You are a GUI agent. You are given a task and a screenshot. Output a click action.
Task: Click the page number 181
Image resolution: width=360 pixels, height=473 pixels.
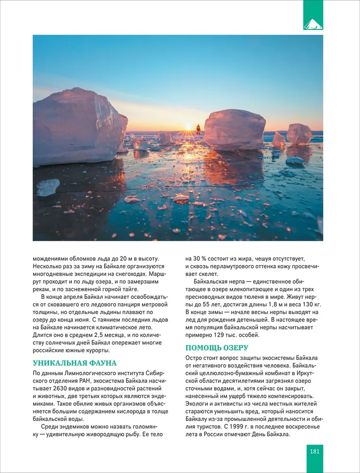pyautogui.click(x=315, y=451)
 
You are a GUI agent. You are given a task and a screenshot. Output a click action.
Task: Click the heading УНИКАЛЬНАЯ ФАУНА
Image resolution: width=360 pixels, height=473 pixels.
pyautogui.click(x=74, y=363)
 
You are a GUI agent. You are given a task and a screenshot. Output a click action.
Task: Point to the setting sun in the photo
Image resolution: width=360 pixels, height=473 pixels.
pyautogui.click(x=188, y=127)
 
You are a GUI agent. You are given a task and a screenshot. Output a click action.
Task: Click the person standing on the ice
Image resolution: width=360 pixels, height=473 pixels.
pyautogui.click(x=198, y=129)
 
